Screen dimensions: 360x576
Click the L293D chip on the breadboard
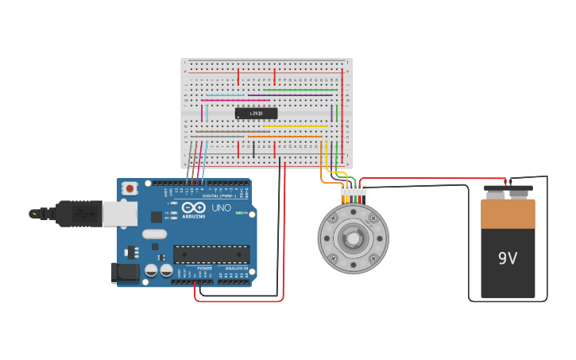point(256,114)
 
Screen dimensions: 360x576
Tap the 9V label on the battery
point(508,258)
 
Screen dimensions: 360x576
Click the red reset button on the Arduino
point(129,188)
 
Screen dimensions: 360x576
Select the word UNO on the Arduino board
point(221,208)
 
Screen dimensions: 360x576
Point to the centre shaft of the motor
point(352,238)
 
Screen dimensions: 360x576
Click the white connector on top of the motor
point(353,191)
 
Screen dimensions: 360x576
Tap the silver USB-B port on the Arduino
point(119,213)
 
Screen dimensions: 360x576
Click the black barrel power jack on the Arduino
point(125,273)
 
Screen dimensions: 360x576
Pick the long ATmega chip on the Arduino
point(211,254)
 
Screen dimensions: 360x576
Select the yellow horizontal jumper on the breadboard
point(294,126)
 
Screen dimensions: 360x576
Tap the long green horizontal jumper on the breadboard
point(298,90)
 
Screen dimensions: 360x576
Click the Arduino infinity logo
point(193,207)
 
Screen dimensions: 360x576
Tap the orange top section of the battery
point(508,214)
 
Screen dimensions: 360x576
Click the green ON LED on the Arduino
point(238,212)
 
